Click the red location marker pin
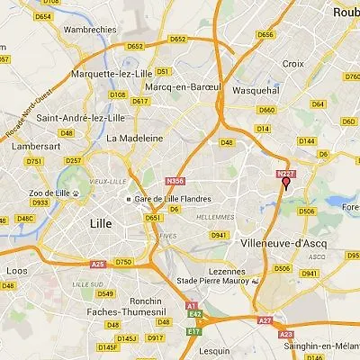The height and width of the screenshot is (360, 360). click(x=286, y=184)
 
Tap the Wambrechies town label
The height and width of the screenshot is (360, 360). click(x=90, y=28)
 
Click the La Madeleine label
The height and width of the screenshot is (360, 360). click(x=134, y=139)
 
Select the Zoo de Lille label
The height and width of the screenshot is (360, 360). click(x=49, y=193)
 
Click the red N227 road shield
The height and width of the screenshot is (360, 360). click(x=286, y=173)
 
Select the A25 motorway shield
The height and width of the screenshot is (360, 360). click(x=98, y=263)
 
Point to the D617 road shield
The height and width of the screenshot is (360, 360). click(x=139, y=102)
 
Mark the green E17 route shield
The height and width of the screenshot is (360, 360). click(x=193, y=332)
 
